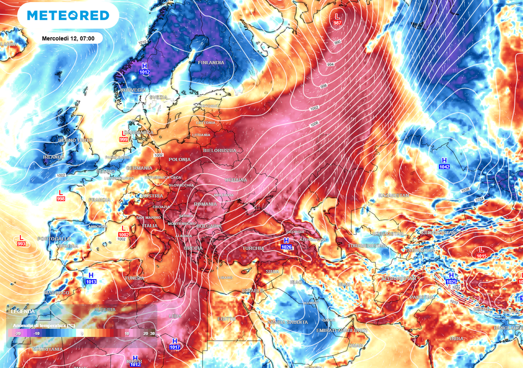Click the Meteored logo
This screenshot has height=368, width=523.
(68, 16)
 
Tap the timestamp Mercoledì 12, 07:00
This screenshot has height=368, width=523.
(72, 38)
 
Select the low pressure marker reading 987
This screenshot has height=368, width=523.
(337, 19)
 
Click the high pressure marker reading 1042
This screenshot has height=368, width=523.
(444, 163)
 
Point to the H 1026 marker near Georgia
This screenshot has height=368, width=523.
(286, 244)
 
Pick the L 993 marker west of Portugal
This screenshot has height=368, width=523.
(21, 241)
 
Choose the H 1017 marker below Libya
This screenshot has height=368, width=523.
(175, 343)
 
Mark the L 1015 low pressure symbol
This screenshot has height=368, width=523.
(481, 252)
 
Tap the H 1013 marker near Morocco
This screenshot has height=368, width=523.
(91, 278)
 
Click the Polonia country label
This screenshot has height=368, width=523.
(179, 159)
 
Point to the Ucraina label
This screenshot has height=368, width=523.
(235, 180)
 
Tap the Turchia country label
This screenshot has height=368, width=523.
(253, 248)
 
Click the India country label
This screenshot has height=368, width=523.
(457, 338)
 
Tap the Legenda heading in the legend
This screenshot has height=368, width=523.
(23, 311)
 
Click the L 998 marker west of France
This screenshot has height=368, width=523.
(61, 196)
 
